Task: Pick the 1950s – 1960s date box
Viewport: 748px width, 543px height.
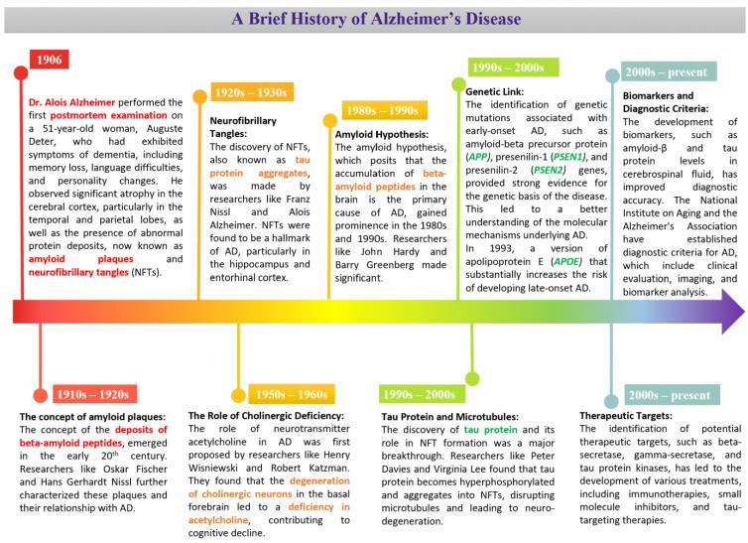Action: [x=293, y=394]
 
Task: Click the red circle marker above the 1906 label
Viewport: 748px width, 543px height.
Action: [x=19, y=73]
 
